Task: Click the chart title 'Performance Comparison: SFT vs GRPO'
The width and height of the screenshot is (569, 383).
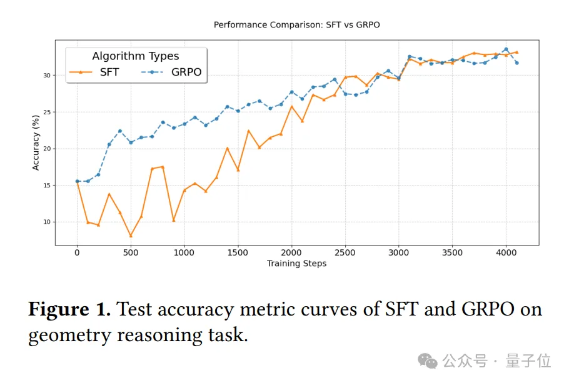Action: point(296,25)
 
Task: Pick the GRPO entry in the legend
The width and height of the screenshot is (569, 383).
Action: point(176,72)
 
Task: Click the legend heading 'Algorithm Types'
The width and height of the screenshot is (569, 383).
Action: point(136,56)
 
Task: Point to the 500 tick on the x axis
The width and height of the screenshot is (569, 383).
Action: point(131,252)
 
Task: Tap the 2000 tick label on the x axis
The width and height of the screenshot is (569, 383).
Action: point(291,252)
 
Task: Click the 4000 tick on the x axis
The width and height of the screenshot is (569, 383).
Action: point(506,252)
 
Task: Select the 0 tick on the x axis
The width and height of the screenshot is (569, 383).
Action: point(77,252)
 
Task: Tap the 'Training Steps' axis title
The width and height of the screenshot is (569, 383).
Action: point(296,264)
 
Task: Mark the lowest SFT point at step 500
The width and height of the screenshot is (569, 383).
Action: point(131,236)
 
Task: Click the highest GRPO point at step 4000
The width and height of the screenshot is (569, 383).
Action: point(506,49)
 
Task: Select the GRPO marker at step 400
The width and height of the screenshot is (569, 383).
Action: point(120,131)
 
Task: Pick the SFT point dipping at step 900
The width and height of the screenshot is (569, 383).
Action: point(174,220)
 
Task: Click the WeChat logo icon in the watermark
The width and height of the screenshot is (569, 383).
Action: point(428,361)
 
